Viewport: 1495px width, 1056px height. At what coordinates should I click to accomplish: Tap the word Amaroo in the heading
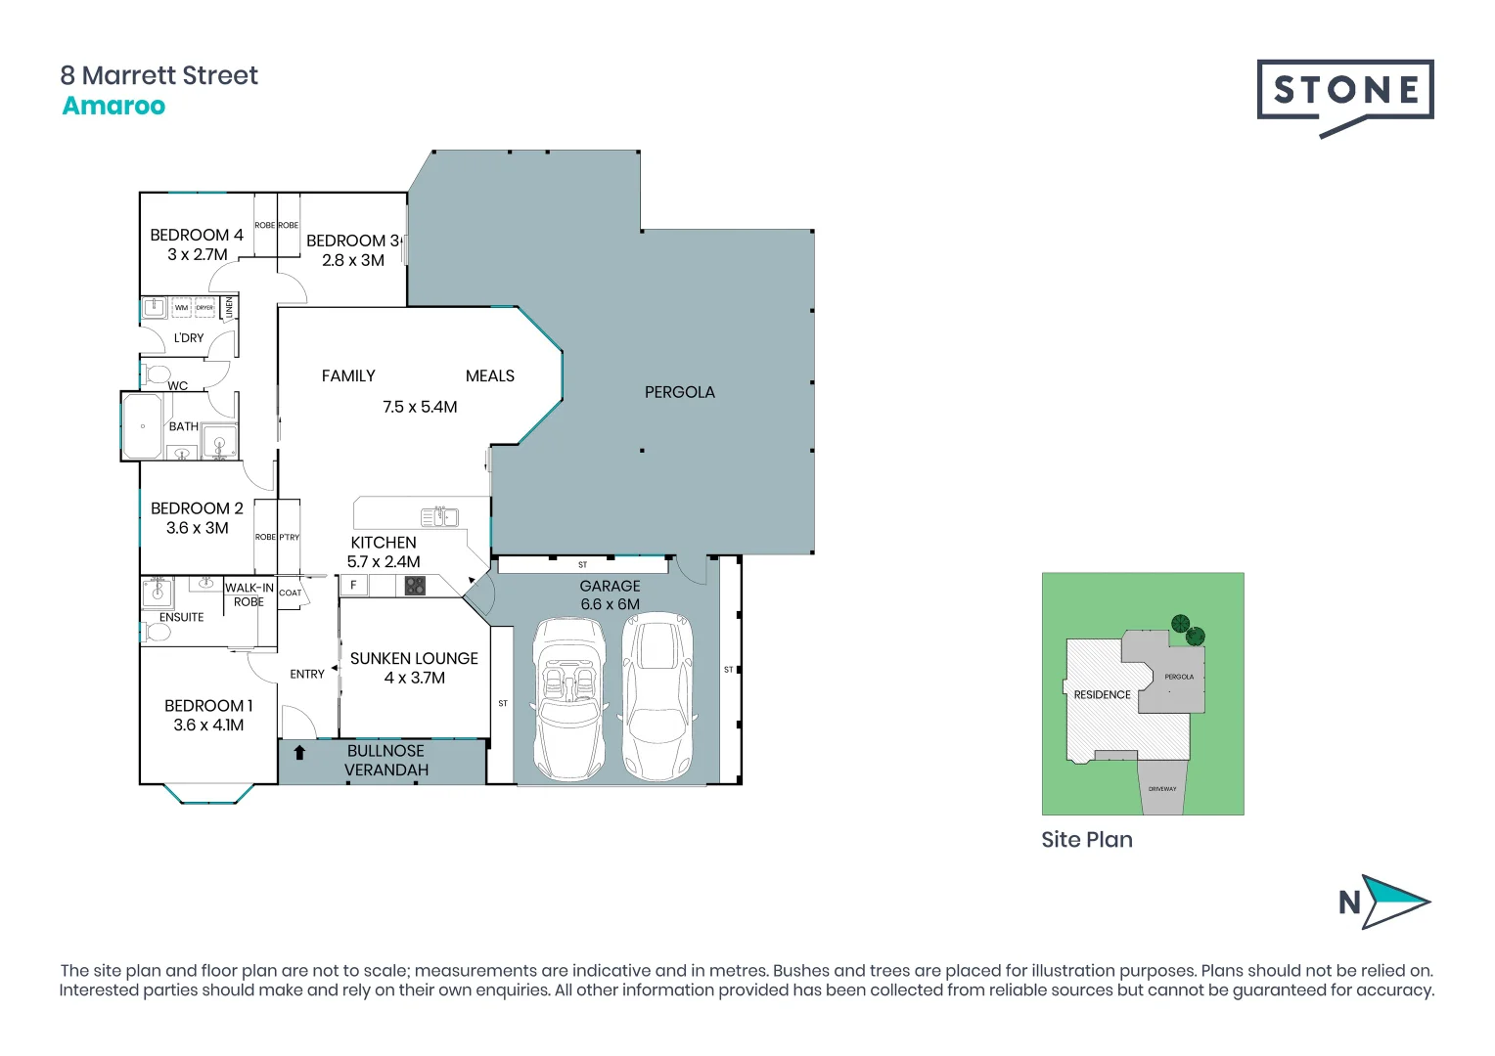click(113, 106)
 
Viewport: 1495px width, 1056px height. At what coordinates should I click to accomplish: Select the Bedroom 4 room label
click(197, 236)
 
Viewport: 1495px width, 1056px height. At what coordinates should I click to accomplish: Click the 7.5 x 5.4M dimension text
click(420, 407)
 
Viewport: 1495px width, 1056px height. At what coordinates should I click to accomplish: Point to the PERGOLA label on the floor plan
click(679, 392)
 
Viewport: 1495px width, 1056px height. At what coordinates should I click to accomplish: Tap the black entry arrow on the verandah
click(299, 753)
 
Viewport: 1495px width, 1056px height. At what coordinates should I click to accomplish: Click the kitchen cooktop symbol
click(415, 586)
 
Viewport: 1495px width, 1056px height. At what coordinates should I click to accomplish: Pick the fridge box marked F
click(353, 586)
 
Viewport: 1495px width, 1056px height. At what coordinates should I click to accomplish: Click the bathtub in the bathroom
click(143, 426)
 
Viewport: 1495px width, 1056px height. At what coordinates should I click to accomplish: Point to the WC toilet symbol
click(156, 374)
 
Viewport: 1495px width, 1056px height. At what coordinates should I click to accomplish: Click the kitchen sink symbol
click(439, 516)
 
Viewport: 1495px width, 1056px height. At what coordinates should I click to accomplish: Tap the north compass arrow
click(1393, 902)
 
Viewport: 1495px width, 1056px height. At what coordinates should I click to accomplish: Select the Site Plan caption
click(1086, 840)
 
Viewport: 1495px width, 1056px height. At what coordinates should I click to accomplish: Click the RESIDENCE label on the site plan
click(1102, 695)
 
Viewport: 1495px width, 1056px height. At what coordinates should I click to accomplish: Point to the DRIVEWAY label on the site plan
click(1162, 789)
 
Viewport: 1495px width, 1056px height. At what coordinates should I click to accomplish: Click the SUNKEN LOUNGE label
click(414, 659)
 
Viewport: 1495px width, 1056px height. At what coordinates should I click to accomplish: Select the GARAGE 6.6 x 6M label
click(610, 594)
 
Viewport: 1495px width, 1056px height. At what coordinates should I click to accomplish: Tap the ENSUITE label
click(181, 617)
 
